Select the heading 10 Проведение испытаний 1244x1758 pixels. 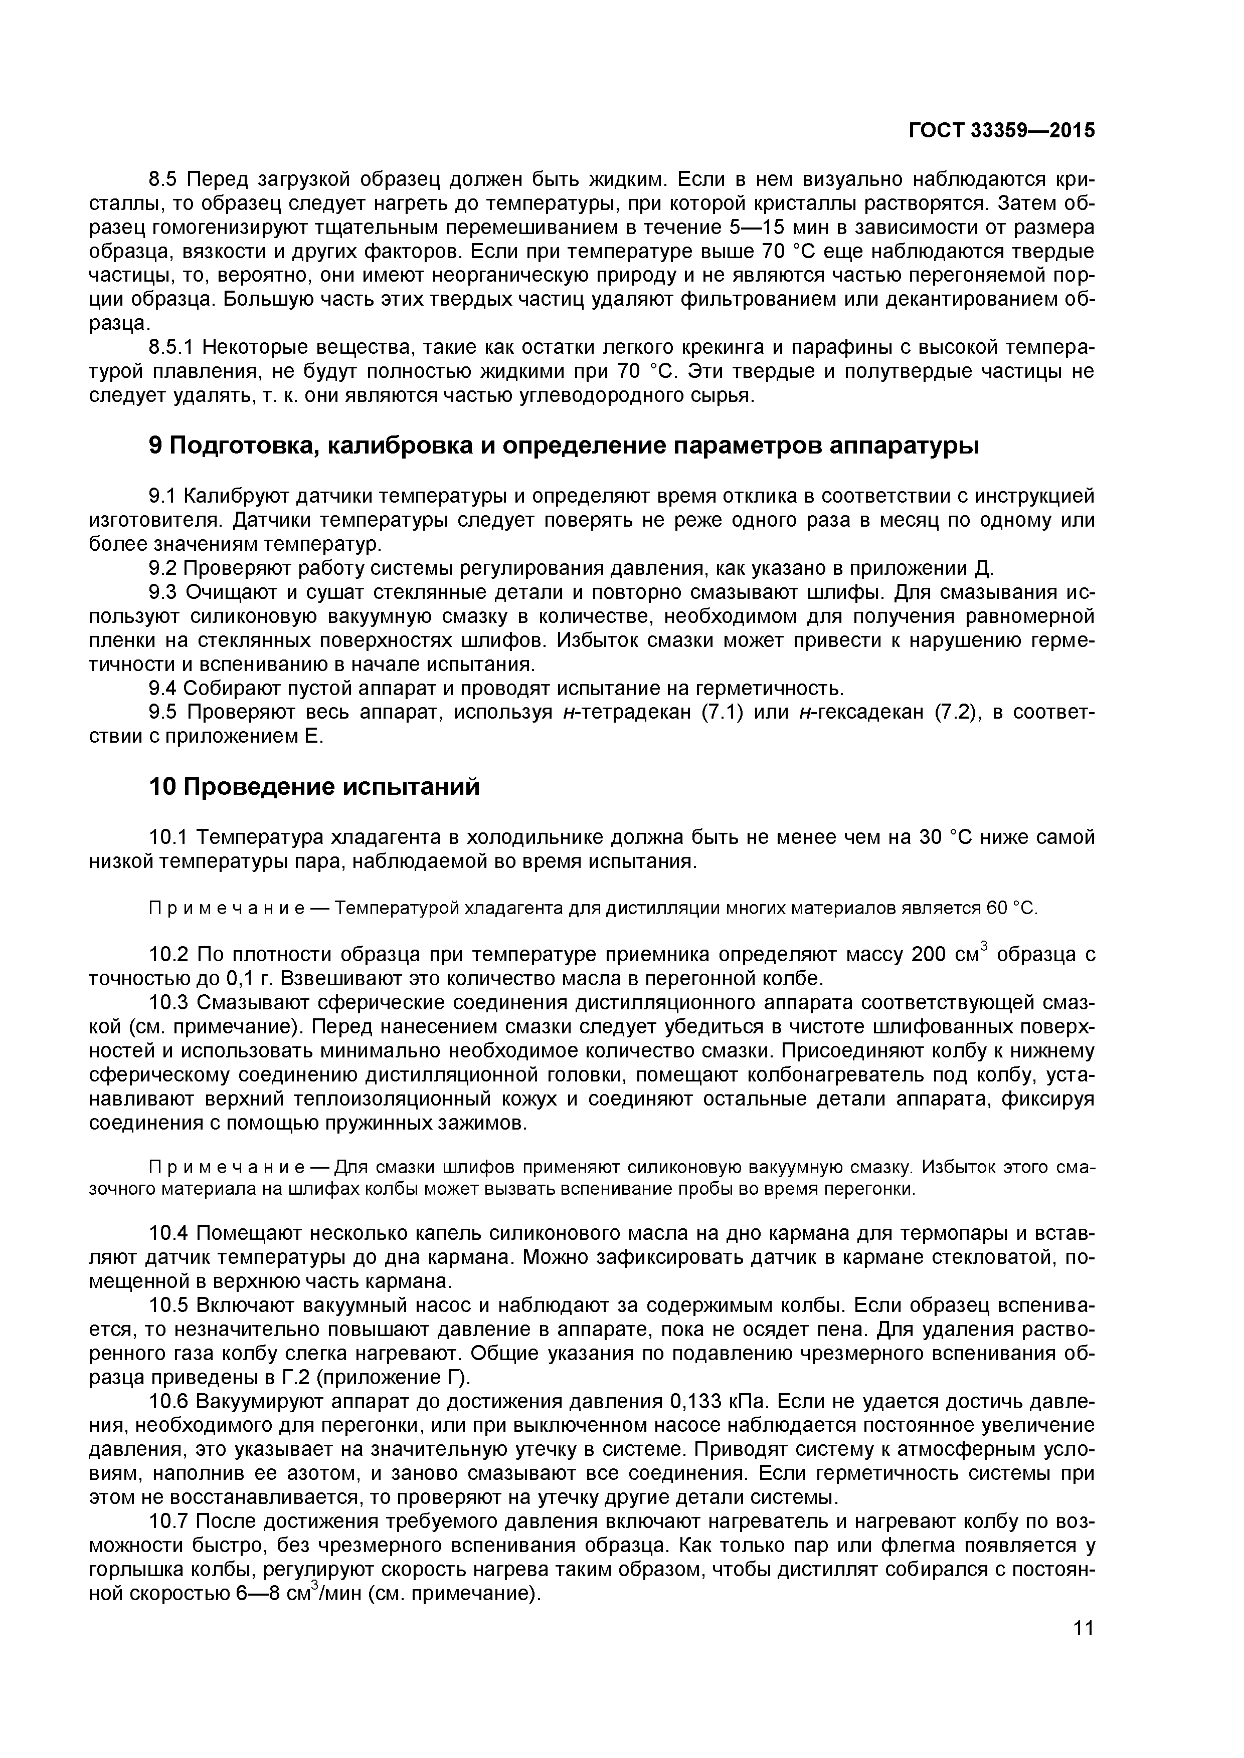point(314,787)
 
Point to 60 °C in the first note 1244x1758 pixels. point(1010,909)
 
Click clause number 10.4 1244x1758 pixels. point(169,1233)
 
